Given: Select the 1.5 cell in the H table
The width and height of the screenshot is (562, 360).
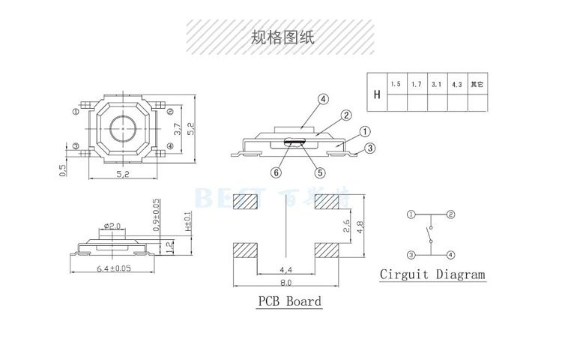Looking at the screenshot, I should coord(396,83).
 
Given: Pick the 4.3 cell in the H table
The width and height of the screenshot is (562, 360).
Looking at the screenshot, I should coord(456,83).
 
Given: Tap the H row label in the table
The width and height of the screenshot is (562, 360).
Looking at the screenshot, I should coord(376,93).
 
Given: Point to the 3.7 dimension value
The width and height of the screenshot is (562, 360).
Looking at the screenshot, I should coord(178,129).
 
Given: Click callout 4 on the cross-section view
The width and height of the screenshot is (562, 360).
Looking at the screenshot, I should coord(323,99).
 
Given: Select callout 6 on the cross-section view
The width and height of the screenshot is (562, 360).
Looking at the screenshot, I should coord(277,172).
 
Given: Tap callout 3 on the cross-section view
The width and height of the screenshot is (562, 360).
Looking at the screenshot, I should coord(369,148).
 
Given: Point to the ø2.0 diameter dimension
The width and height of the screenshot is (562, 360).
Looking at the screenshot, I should coord(112,225).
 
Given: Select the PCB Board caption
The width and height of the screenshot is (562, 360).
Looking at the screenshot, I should coord(289,301).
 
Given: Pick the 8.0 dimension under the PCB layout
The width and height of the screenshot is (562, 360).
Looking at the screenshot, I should coord(285,283).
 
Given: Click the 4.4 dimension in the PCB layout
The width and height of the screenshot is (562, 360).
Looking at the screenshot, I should coord(285,268).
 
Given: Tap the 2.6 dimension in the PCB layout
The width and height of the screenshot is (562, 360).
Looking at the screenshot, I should coord(345,225).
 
